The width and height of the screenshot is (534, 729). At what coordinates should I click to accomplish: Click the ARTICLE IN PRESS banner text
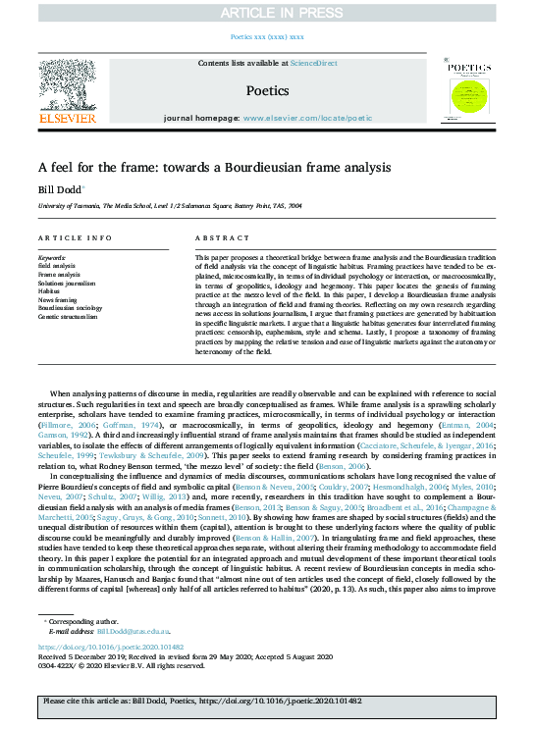pyautogui.click(x=266, y=12)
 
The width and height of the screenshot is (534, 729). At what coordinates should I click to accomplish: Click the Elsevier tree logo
pyautogui.click(x=67, y=89)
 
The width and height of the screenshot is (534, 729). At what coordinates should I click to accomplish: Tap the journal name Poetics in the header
pyautogui.click(x=266, y=90)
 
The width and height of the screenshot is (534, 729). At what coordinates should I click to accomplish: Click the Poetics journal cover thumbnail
pyautogui.click(x=467, y=91)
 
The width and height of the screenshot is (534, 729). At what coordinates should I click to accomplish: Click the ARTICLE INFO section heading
pyautogui.click(x=75, y=238)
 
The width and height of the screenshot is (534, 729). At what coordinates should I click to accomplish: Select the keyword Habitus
pyautogui.click(x=49, y=291)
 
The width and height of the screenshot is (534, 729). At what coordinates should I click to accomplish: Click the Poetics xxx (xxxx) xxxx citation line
pyautogui.click(x=266, y=36)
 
